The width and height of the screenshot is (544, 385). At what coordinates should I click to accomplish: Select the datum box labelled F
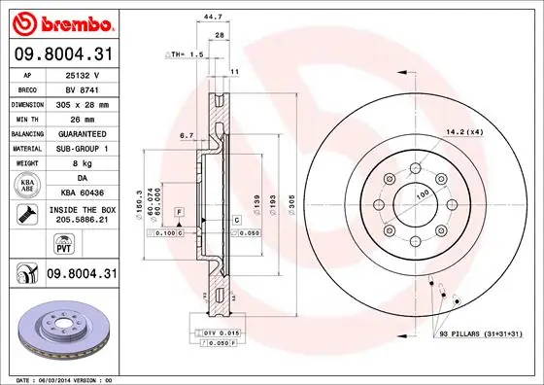(x=179, y=211)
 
